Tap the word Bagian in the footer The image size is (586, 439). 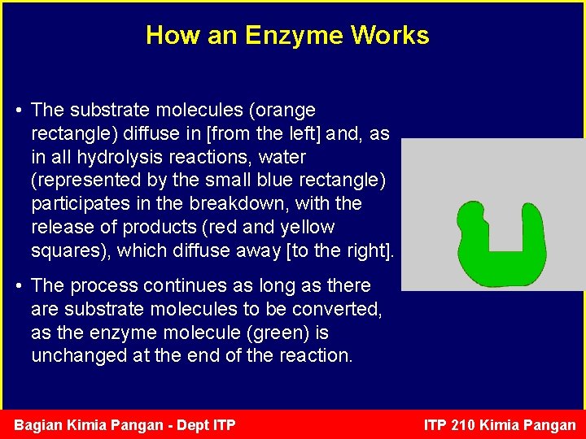(38, 425)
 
